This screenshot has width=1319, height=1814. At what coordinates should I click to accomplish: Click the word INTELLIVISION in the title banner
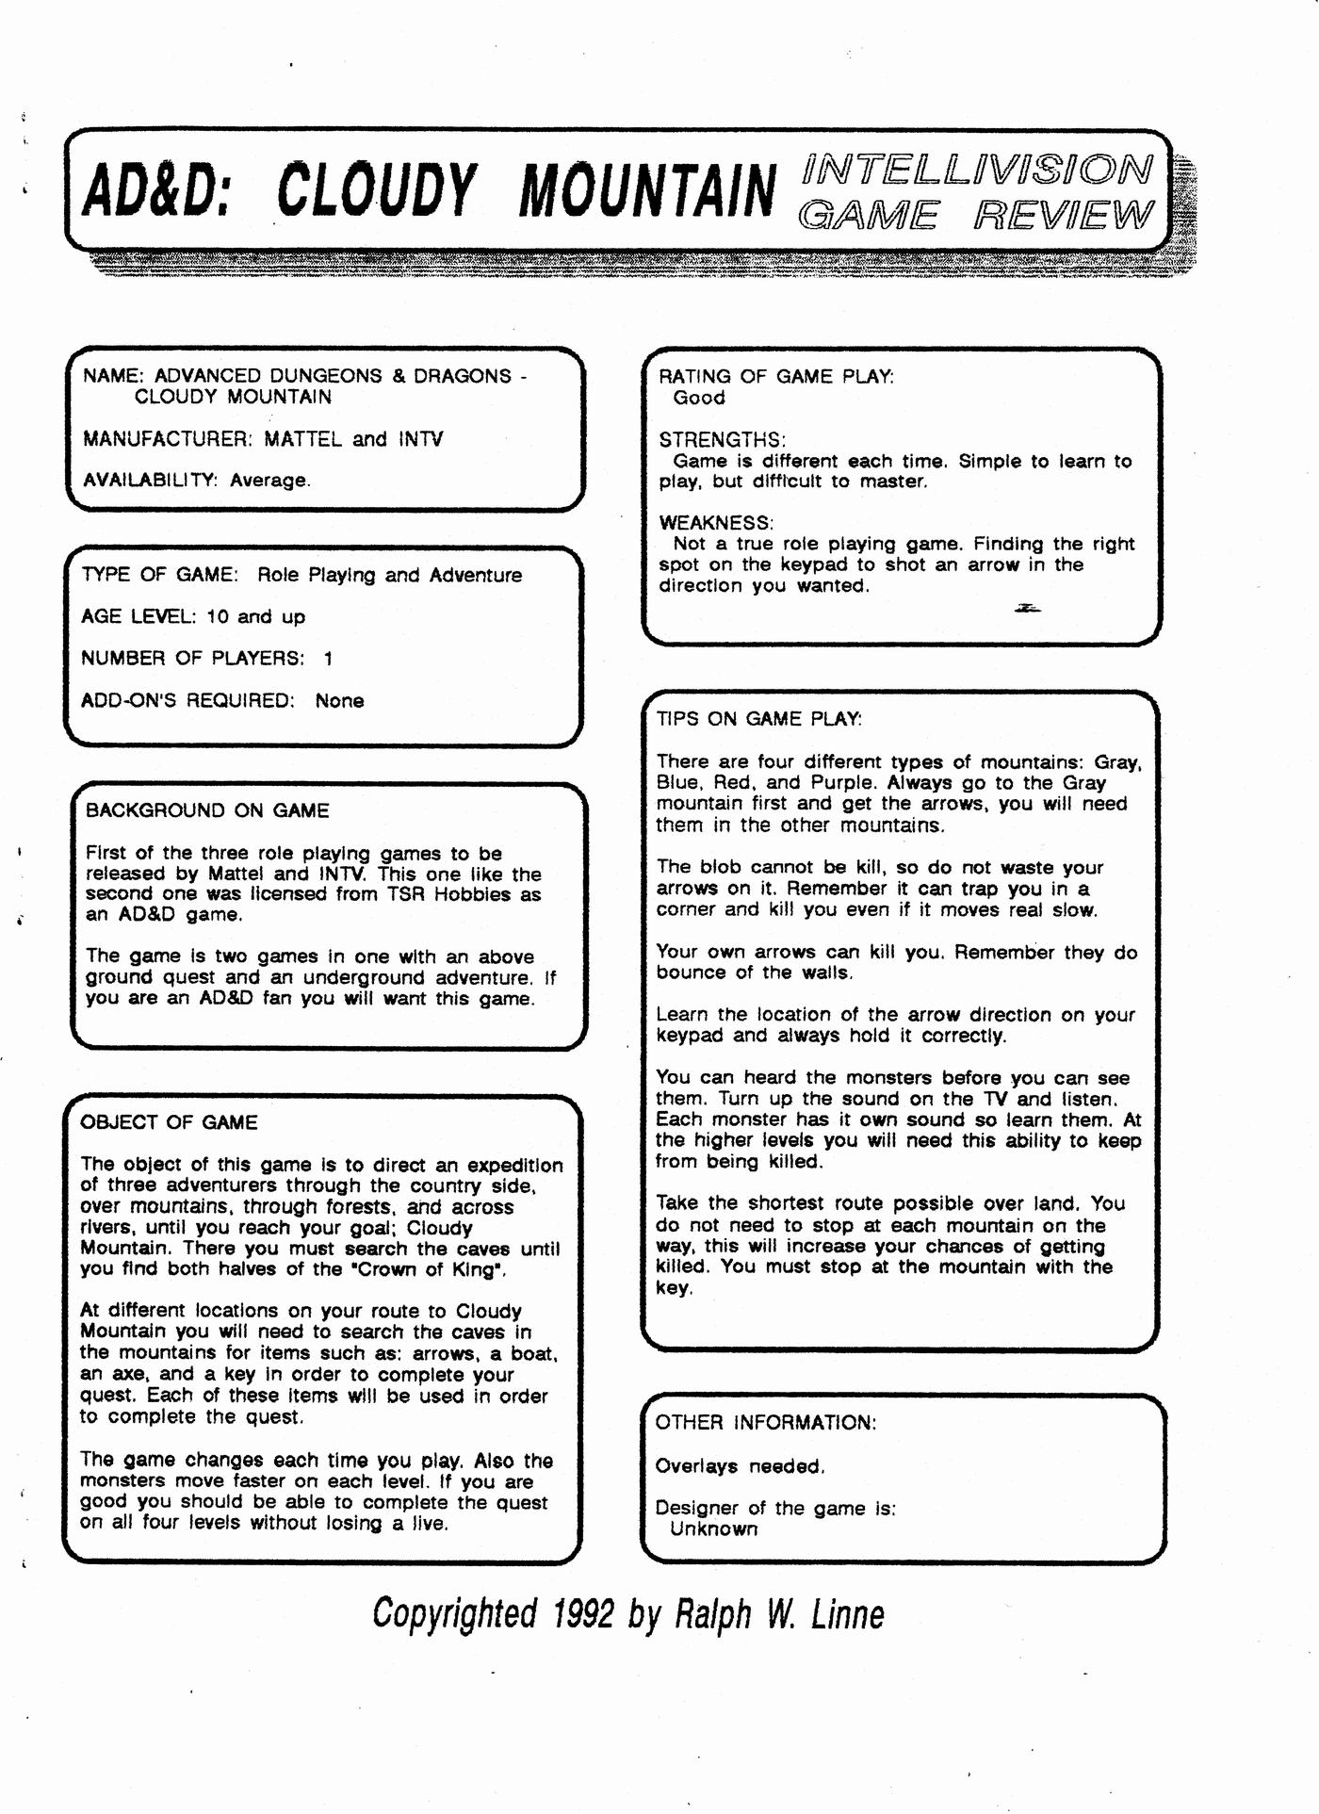pyautogui.click(x=976, y=170)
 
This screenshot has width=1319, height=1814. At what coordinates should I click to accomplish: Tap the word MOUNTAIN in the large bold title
pyautogui.click(x=647, y=189)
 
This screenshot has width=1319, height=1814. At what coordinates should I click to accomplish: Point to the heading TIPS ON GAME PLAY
pyautogui.click(x=758, y=719)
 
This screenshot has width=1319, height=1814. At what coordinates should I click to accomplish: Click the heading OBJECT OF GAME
pyautogui.click(x=169, y=1122)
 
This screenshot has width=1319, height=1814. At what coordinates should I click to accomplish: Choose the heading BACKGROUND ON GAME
pyautogui.click(x=207, y=810)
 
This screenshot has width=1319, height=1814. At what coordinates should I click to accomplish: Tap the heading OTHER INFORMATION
pyautogui.click(x=765, y=1423)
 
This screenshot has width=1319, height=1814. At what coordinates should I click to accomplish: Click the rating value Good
pyautogui.click(x=699, y=398)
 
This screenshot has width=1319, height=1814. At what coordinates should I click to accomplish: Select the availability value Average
pyautogui.click(x=269, y=481)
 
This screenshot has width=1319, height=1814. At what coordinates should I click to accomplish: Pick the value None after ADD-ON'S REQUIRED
pyautogui.click(x=339, y=701)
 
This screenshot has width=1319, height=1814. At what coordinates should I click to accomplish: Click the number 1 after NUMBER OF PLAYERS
pyautogui.click(x=328, y=659)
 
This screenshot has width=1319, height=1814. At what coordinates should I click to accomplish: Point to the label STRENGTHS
pyautogui.click(x=722, y=440)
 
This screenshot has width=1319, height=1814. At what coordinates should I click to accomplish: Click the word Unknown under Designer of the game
pyautogui.click(x=713, y=1529)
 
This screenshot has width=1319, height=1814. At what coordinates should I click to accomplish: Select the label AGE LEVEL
pyautogui.click(x=138, y=617)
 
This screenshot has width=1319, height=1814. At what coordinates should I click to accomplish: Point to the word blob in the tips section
pyautogui.click(x=721, y=868)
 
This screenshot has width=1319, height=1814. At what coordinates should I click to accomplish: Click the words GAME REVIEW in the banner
pyautogui.click(x=974, y=216)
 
